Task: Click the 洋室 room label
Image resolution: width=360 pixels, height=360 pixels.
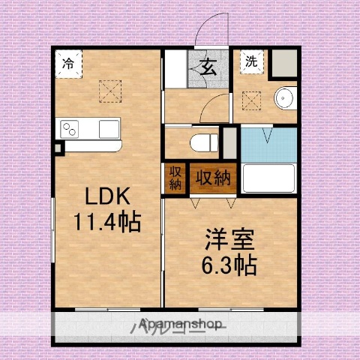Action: pyautogui.click(x=230, y=241)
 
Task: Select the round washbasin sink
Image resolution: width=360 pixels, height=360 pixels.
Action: pyautogui.click(x=285, y=98)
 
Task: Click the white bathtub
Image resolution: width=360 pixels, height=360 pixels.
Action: pyautogui.click(x=268, y=180)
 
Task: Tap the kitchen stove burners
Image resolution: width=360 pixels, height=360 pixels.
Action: pyautogui.click(x=71, y=129)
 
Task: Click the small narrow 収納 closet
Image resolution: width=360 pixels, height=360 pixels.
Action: pyautogui.click(x=175, y=178)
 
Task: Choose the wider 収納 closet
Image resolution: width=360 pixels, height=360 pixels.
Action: pyautogui.click(x=213, y=178)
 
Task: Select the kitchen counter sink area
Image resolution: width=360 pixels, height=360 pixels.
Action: pyautogui.click(x=107, y=128)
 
